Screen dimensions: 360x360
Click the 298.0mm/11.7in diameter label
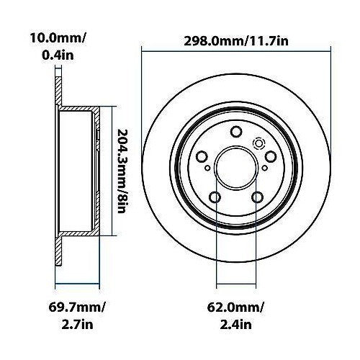tap(236, 41)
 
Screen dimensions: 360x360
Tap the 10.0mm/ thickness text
tap(58, 38)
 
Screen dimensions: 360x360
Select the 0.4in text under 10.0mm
tap(58, 55)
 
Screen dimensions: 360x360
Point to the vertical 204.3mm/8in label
tap(122, 171)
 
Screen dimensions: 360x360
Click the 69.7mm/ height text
tap(77, 307)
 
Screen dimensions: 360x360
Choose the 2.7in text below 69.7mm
tap(77, 325)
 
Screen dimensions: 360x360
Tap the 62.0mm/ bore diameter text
tap(235, 307)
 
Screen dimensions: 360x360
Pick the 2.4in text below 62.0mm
tap(235, 325)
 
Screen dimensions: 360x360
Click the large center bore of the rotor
tap(236, 167)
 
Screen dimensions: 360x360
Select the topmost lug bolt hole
tap(236, 132)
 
